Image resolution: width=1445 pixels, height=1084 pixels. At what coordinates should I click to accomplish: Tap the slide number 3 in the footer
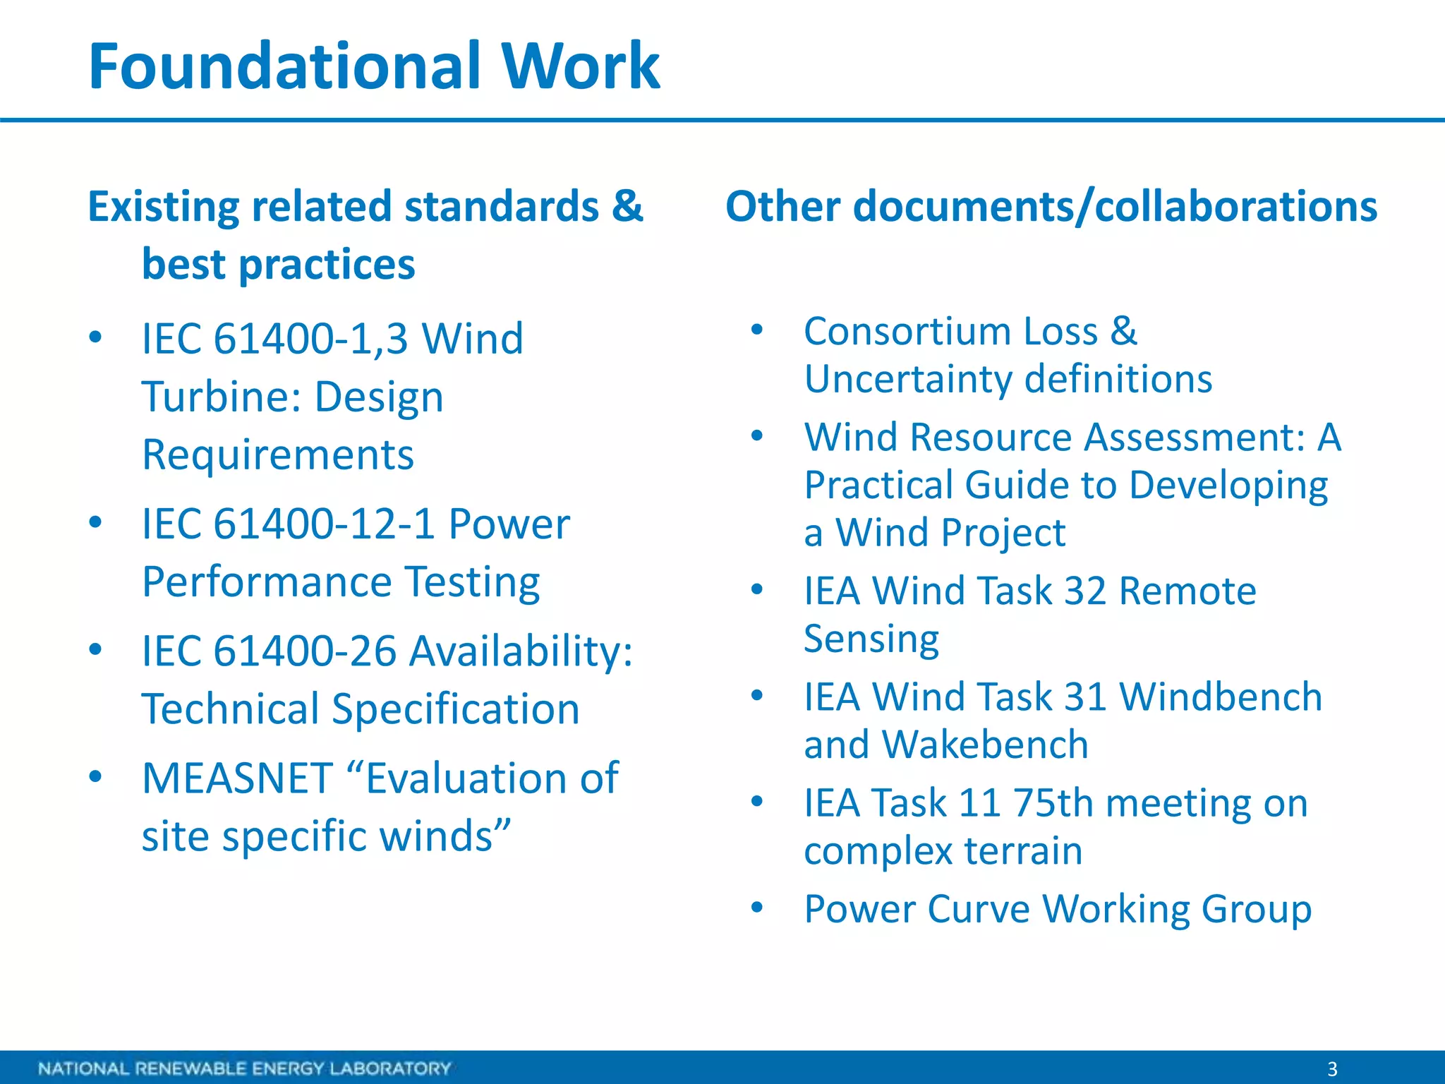[x=1332, y=1068]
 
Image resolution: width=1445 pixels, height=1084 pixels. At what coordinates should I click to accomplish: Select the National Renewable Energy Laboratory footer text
[x=244, y=1068]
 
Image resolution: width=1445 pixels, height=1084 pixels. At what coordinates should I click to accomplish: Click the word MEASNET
[x=237, y=778]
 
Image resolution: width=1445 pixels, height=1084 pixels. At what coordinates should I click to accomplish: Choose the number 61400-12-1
[x=323, y=524]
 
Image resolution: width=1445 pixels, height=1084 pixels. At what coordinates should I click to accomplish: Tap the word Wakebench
[x=985, y=745]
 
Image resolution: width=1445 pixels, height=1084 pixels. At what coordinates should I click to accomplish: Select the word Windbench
[x=1221, y=697]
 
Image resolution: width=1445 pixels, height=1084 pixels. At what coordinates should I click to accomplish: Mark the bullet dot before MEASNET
[x=96, y=777]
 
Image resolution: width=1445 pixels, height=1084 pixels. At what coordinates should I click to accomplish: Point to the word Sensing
[x=871, y=639]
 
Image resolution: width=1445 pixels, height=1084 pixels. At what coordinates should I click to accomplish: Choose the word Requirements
[x=278, y=455]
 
